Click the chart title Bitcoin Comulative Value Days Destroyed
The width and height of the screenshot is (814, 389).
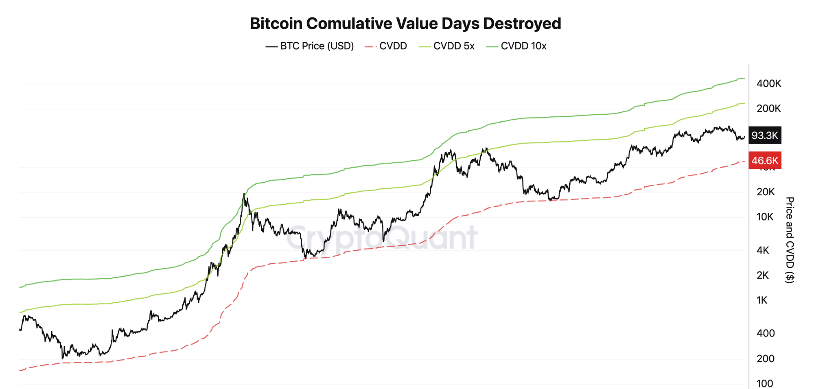coord(405,24)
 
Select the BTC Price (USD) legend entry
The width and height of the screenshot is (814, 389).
coord(310,46)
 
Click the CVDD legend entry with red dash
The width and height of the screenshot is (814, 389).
coord(386,46)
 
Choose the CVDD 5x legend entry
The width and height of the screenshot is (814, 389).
coord(447,46)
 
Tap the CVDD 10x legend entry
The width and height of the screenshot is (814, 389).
coord(516,46)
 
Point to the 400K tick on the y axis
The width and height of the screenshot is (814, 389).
coord(769,84)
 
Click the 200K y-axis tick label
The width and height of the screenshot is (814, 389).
coord(769,109)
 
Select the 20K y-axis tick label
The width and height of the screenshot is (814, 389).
coord(766,192)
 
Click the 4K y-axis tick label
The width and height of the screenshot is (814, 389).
coord(763,250)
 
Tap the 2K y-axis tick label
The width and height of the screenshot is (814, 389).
coord(762,275)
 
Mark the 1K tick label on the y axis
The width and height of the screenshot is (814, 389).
coord(762,300)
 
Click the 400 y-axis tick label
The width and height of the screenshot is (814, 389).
coord(766,333)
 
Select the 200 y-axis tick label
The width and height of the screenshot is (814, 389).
coord(766,359)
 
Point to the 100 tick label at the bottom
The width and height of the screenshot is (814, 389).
coord(765,384)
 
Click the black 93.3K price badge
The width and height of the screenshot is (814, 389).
coord(765,135)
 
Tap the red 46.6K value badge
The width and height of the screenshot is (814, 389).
coord(765,160)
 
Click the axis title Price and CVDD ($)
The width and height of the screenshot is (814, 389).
coord(789,240)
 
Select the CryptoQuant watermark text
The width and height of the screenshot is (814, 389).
coord(381,238)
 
